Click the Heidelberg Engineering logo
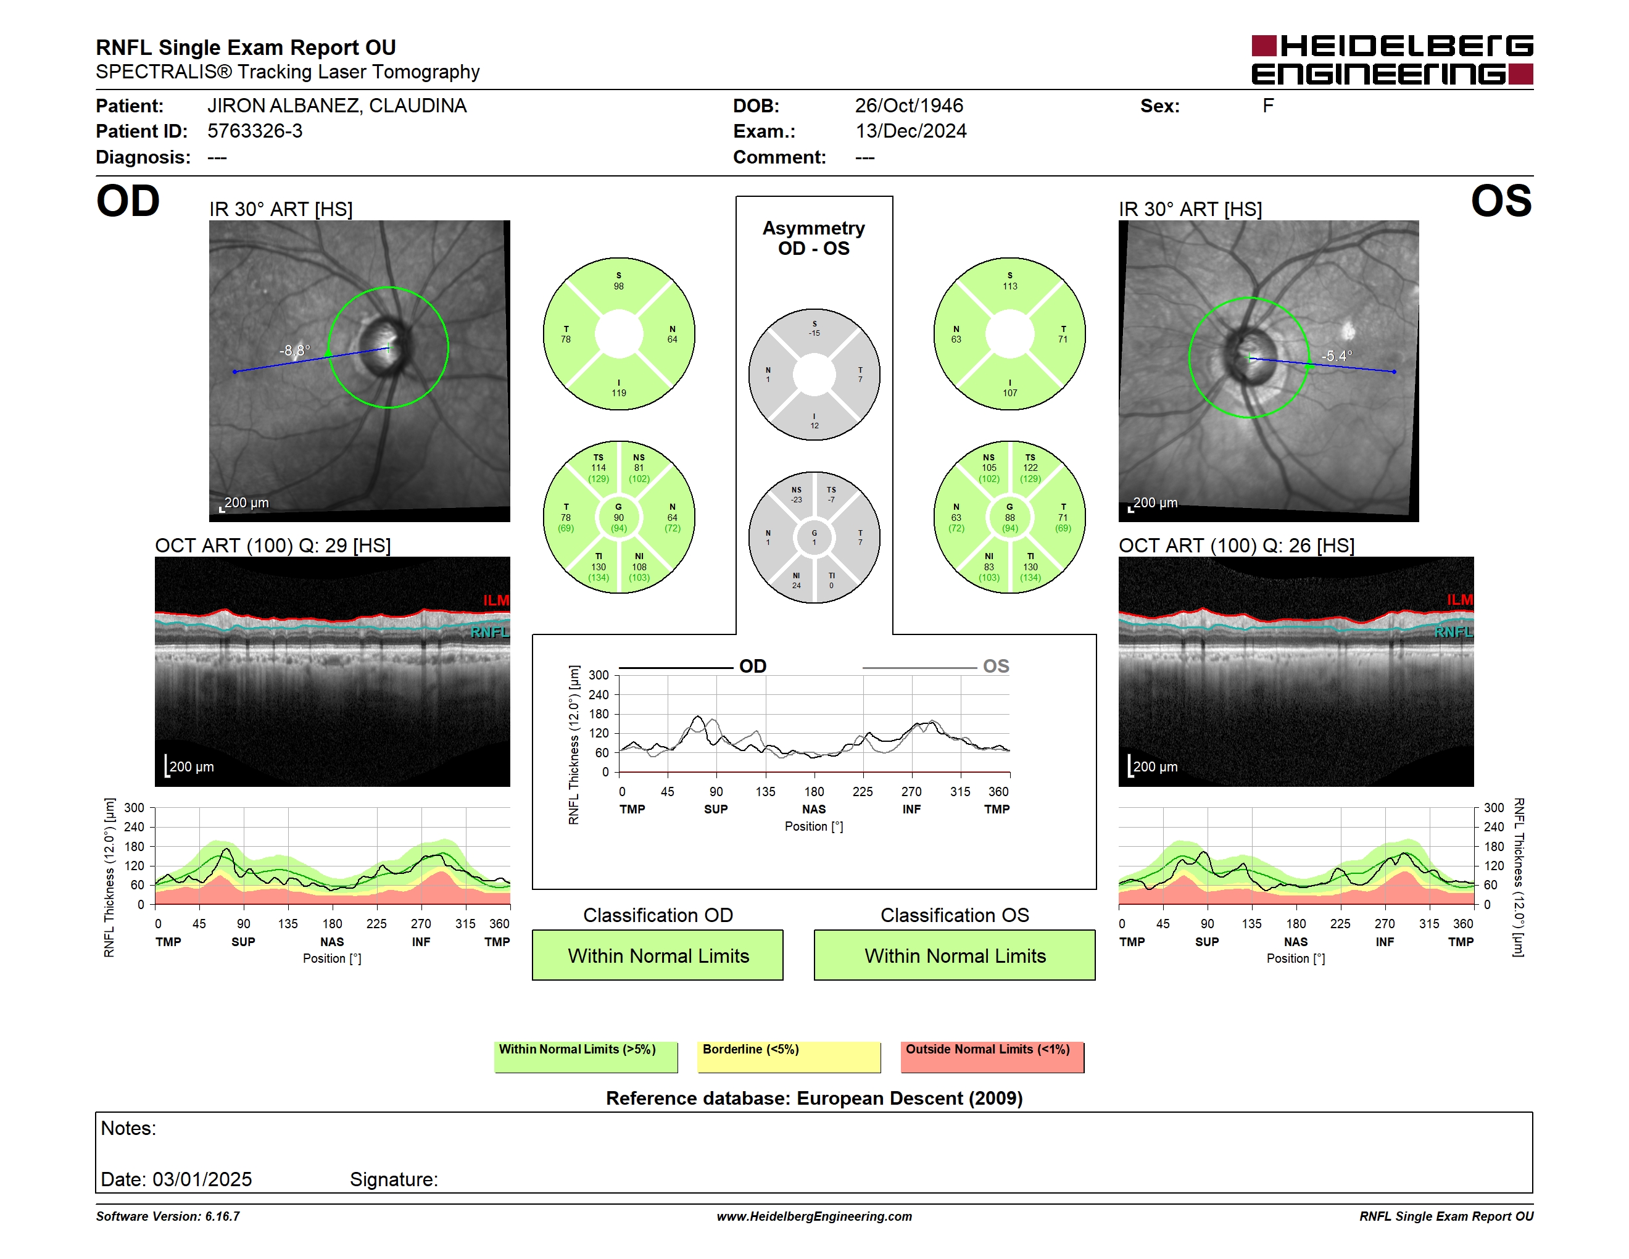[x=1392, y=60]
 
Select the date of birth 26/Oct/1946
[x=908, y=106]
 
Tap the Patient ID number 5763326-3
[x=255, y=131]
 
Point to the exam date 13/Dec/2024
[x=911, y=131]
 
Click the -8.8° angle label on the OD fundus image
[x=294, y=350]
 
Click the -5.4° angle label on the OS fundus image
[x=1337, y=355]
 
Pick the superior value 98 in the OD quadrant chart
[x=618, y=286]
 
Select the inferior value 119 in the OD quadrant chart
[x=618, y=393]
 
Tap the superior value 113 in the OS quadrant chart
[x=1010, y=286]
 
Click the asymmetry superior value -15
[x=814, y=333]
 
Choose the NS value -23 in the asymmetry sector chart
[x=797, y=500]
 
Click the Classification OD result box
[x=658, y=955]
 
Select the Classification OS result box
[x=955, y=955]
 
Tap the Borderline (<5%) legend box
[x=789, y=1057]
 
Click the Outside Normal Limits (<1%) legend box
[x=992, y=1057]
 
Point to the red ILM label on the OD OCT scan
[x=496, y=600]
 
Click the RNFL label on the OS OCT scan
[x=1454, y=633]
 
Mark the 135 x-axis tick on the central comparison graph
[x=765, y=792]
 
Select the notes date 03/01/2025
[x=202, y=1179]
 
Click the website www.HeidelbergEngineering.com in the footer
[x=814, y=1216]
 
